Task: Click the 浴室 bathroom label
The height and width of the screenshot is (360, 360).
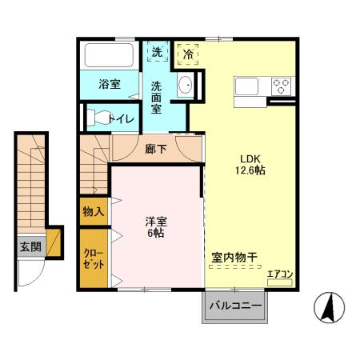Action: [110, 82]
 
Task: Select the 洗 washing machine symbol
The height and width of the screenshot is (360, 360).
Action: [157, 52]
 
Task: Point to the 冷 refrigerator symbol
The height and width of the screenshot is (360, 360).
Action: [188, 54]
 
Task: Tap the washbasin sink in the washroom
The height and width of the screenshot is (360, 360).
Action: [185, 86]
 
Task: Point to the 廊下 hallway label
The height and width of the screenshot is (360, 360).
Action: [156, 148]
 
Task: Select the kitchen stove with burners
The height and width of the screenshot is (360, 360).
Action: [281, 84]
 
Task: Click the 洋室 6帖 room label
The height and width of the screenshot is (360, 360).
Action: [156, 226]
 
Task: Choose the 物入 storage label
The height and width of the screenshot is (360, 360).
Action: [94, 212]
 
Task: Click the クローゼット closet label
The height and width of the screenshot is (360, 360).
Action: [94, 258]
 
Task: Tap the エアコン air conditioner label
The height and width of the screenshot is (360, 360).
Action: [280, 275]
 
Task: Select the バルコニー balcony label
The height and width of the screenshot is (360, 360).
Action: [235, 305]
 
